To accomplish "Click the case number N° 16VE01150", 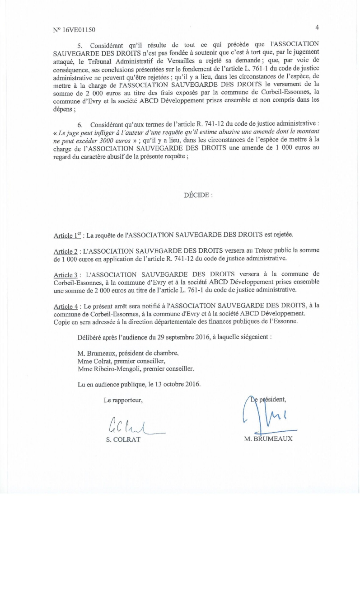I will (x=74, y=30).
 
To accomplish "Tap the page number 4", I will (x=317, y=27).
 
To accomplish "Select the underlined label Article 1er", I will (x=67, y=236).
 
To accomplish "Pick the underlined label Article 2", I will (x=67, y=251).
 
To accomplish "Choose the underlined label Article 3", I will (x=67, y=274).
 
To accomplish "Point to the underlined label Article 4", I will (x=67, y=306).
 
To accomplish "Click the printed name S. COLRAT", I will (x=123, y=439).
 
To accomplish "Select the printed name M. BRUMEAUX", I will (x=268, y=439).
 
